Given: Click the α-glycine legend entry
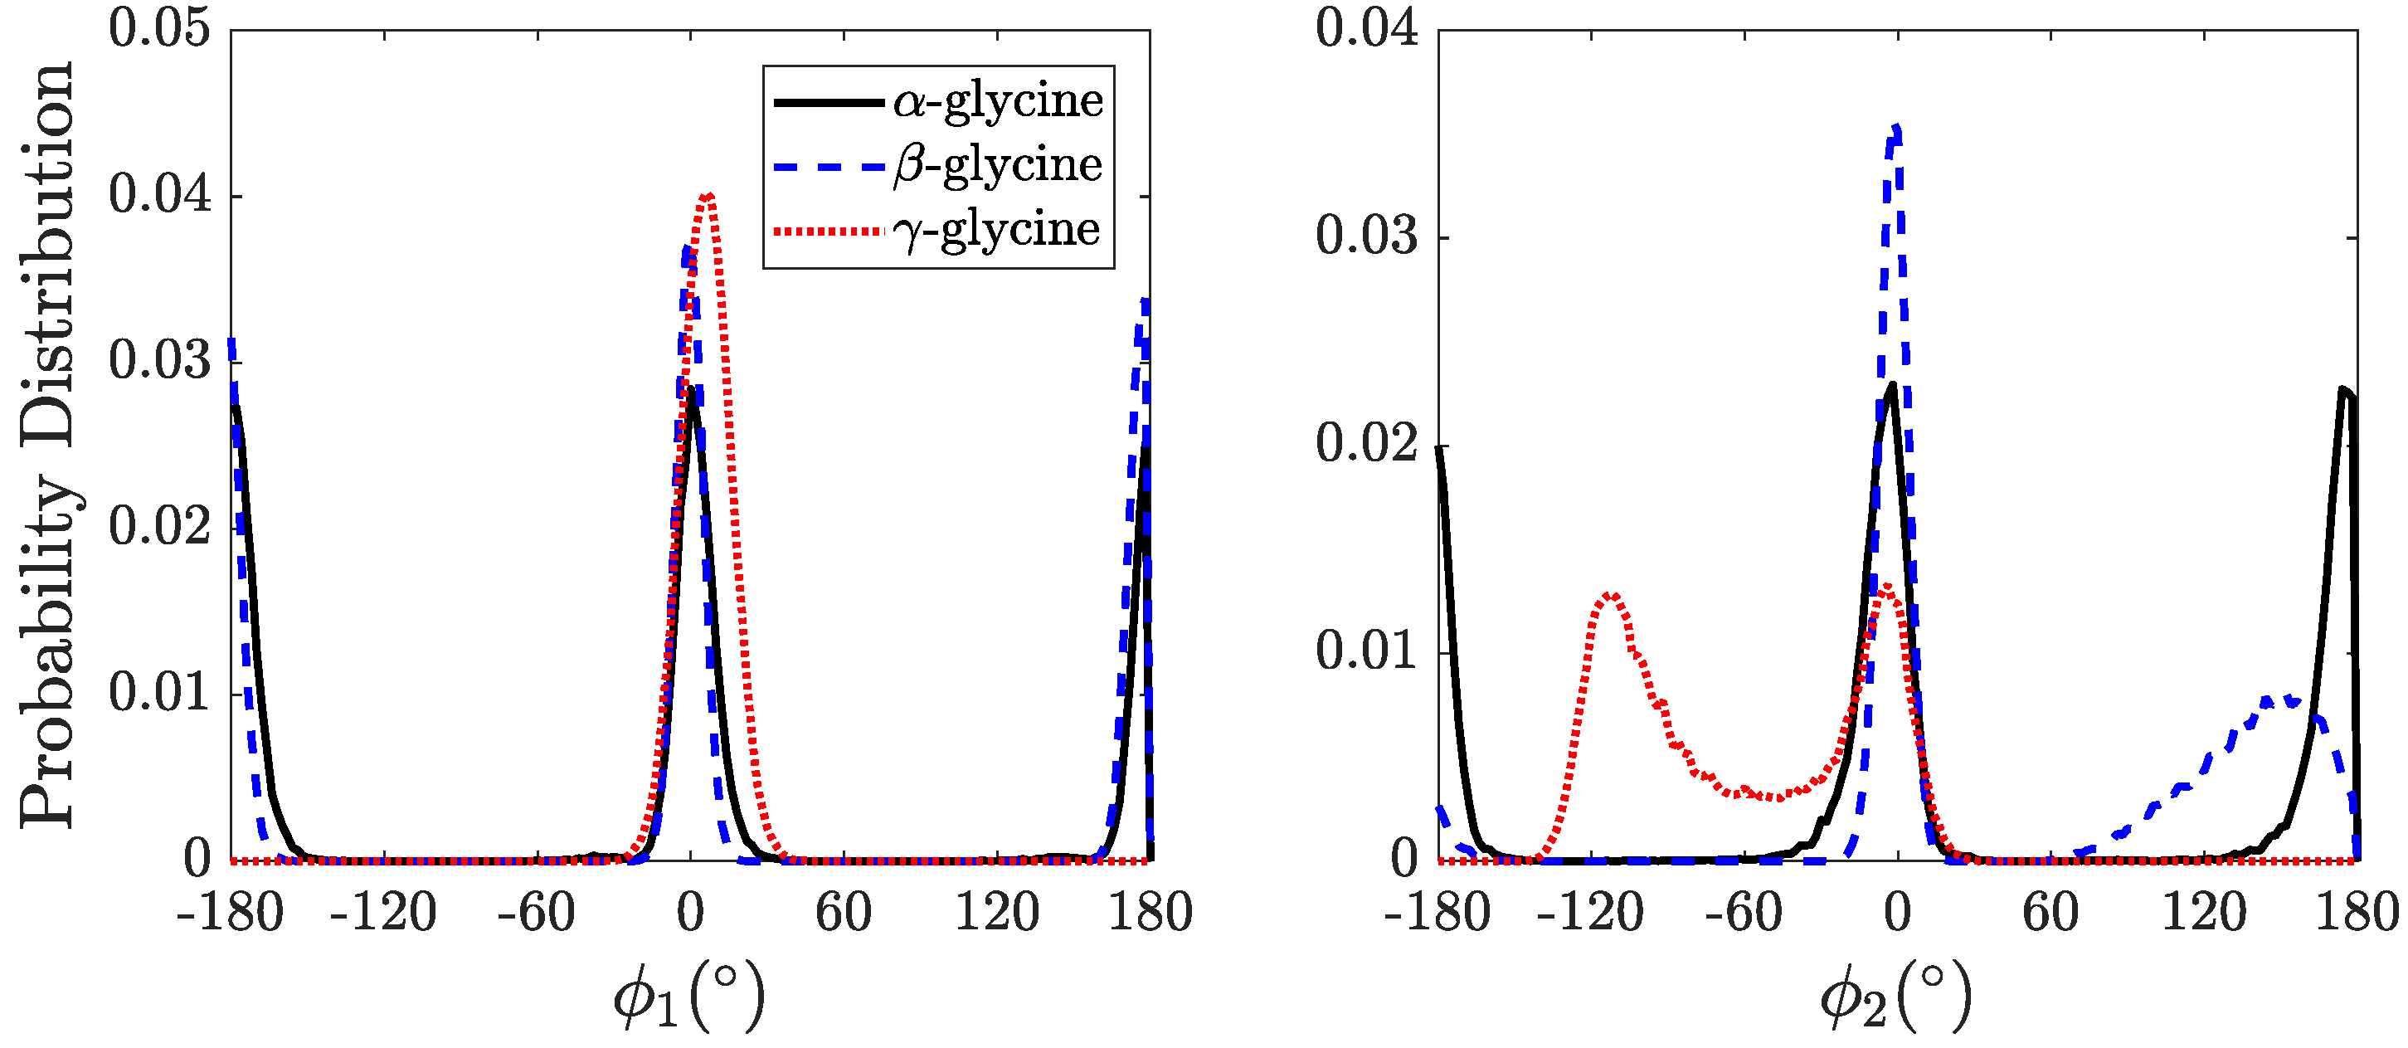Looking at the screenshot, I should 997,101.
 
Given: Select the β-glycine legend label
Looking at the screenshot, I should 997,165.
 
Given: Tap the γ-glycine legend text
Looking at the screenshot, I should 997,230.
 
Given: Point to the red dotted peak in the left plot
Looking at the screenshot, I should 709,197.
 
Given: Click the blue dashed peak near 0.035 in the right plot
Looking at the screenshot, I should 1895,129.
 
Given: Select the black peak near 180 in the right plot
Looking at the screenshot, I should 2343,390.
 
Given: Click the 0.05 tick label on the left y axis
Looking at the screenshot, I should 160,28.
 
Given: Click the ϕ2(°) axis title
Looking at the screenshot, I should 1895,997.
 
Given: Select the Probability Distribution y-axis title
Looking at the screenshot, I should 46,444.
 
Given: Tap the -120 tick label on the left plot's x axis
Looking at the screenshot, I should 383,912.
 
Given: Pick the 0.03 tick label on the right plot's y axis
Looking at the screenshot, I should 1367,236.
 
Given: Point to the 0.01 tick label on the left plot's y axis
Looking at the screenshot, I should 160,693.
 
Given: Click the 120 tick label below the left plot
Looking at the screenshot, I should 996,912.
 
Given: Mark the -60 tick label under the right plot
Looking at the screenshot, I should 1743,912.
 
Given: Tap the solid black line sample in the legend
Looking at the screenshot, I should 828,101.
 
